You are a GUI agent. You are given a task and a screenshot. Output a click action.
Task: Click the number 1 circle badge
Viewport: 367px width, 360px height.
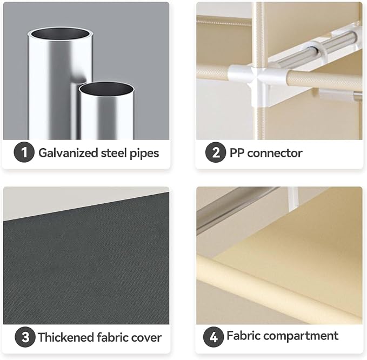click(24, 152)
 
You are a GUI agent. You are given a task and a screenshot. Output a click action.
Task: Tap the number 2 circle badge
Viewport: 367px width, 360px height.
click(216, 152)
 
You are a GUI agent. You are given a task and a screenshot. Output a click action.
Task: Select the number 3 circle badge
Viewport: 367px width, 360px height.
click(25, 337)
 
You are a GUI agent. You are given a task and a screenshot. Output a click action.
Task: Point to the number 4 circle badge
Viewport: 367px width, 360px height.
click(213, 337)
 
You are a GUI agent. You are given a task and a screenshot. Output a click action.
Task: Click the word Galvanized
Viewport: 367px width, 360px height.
click(68, 153)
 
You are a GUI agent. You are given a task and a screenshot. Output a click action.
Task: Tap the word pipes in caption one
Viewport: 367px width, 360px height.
click(144, 154)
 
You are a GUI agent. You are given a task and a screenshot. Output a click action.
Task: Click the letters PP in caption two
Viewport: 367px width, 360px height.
click(237, 153)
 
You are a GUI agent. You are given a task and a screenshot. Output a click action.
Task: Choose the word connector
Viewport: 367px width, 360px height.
click(275, 154)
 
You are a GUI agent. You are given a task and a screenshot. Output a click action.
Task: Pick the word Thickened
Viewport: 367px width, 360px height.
click(66, 337)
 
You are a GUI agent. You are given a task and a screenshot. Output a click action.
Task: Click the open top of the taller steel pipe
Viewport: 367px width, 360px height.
click(61, 34)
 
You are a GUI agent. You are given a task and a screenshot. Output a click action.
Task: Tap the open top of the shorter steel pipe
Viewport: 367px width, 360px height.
click(106, 89)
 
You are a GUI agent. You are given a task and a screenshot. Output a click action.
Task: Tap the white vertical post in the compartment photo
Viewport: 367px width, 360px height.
click(293, 198)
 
